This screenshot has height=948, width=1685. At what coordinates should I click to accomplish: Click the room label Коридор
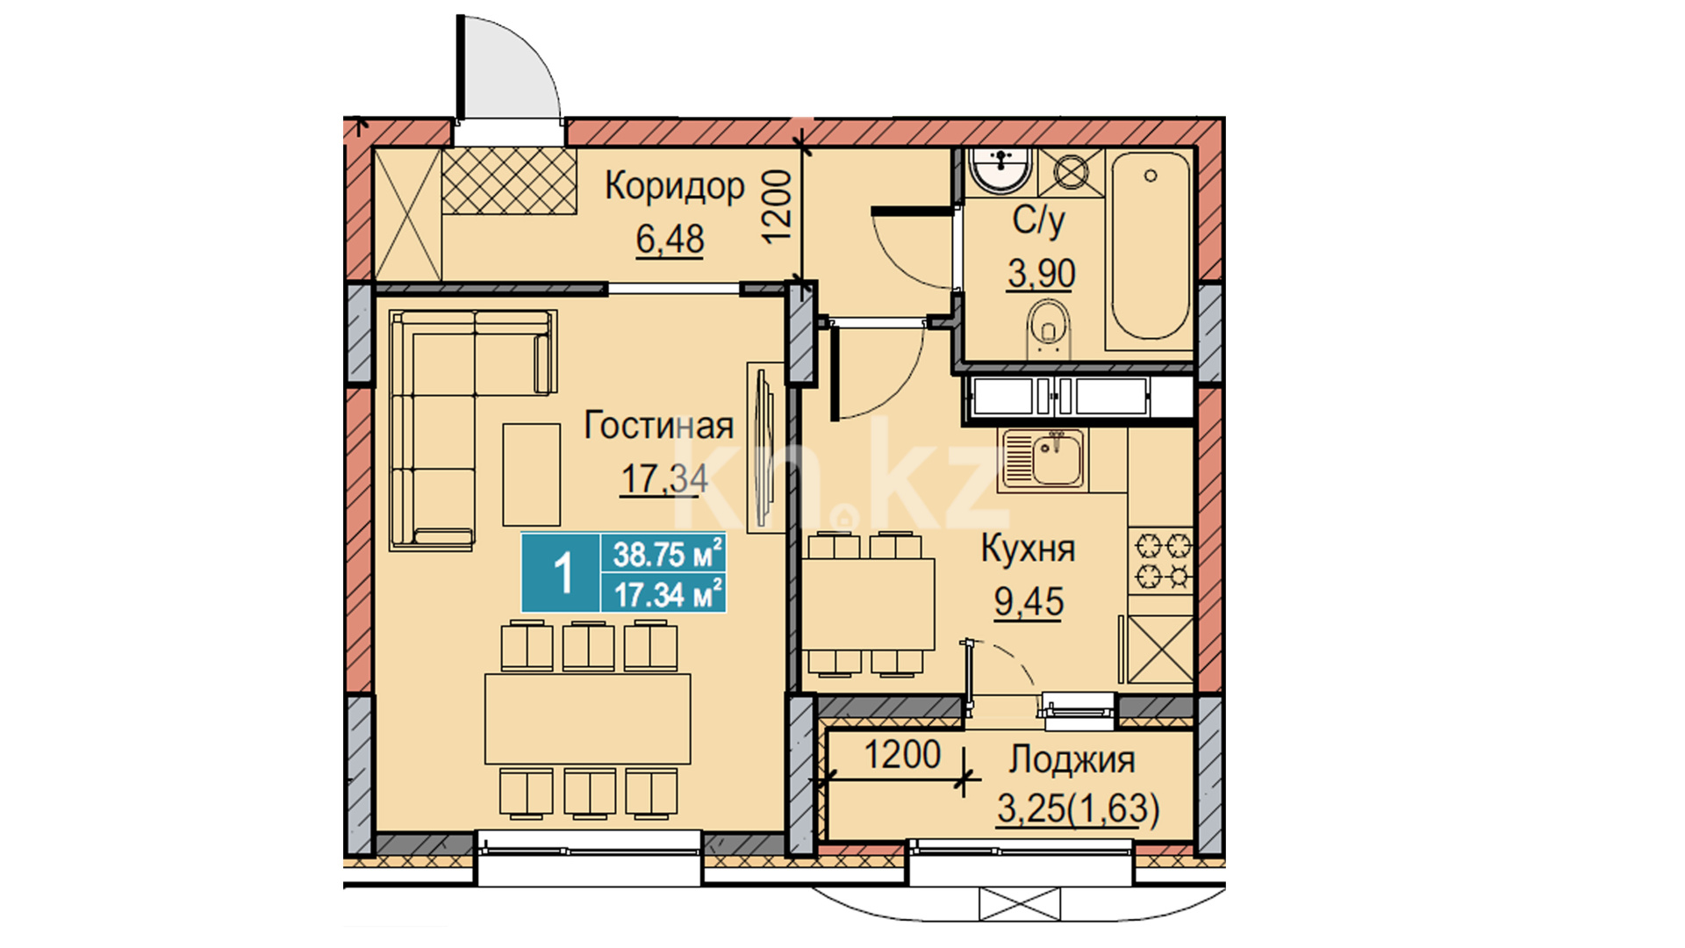tap(674, 187)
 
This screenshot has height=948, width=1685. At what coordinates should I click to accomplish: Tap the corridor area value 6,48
tap(670, 239)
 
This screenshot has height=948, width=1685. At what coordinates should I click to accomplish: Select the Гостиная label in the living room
tap(659, 426)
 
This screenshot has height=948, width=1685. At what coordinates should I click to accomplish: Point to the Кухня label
tap(1028, 549)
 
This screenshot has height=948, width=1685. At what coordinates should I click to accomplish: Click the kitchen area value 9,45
tap(1029, 602)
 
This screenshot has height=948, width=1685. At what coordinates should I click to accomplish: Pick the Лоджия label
tap(1072, 760)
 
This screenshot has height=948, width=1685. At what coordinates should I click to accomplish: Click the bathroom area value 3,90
tap(1042, 274)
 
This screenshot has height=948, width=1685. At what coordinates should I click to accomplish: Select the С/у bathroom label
tap(1039, 221)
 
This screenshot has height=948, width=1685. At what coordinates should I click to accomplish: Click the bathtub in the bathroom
tap(1151, 247)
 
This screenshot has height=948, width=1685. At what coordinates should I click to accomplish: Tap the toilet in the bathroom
tap(1049, 330)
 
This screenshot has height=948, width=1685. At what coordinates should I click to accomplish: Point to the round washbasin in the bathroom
tap(1000, 170)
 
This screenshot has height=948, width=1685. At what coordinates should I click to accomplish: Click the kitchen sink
tap(1044, 457)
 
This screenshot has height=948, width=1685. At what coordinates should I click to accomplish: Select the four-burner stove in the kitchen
tap(1160, 561)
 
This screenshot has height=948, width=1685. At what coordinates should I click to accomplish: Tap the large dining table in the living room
tap(588, 719)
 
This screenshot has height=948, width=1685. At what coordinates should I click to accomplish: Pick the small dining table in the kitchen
tap(868, 604)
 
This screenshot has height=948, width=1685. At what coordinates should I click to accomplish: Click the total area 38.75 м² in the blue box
tap(668, 554)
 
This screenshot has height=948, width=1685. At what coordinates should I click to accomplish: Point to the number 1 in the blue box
tap(563, 573)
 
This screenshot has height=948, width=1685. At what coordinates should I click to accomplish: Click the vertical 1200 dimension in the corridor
tap(777, 206)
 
